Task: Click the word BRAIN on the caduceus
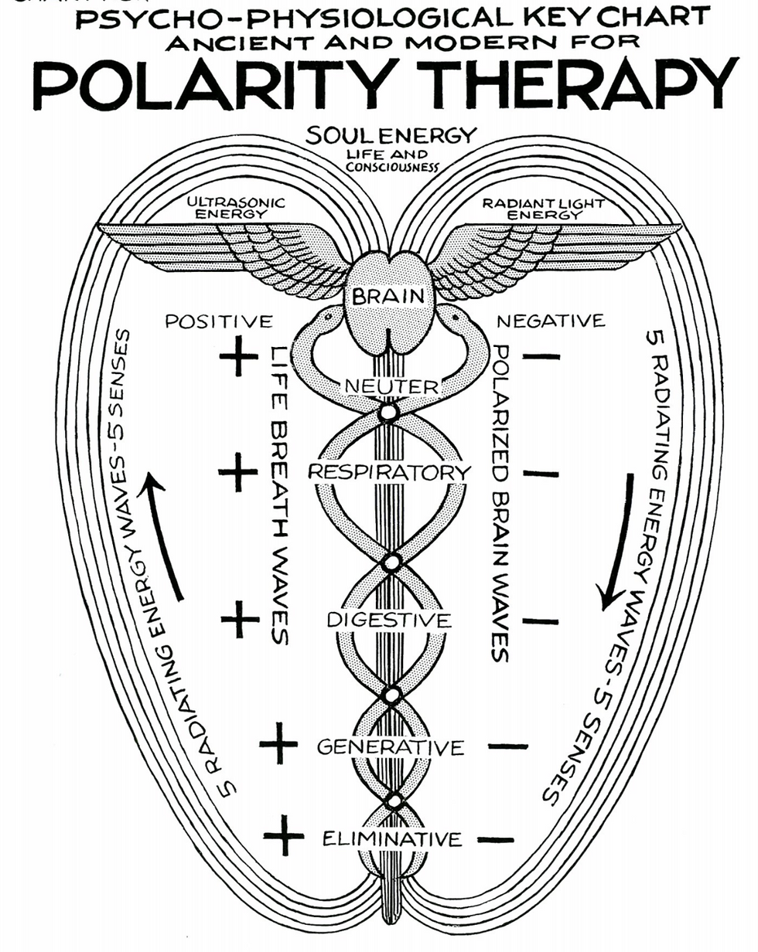388,296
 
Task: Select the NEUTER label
391,386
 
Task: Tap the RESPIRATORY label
389,471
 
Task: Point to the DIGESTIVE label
388,620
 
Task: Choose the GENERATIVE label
391,747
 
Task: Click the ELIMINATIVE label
393,838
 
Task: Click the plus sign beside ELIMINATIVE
284,836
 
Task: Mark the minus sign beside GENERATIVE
508,746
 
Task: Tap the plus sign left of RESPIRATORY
238,472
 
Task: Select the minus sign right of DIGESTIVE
541,620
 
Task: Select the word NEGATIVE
551,321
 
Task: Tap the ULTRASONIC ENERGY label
236,207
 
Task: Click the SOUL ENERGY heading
391,136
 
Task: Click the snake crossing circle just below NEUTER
388,413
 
